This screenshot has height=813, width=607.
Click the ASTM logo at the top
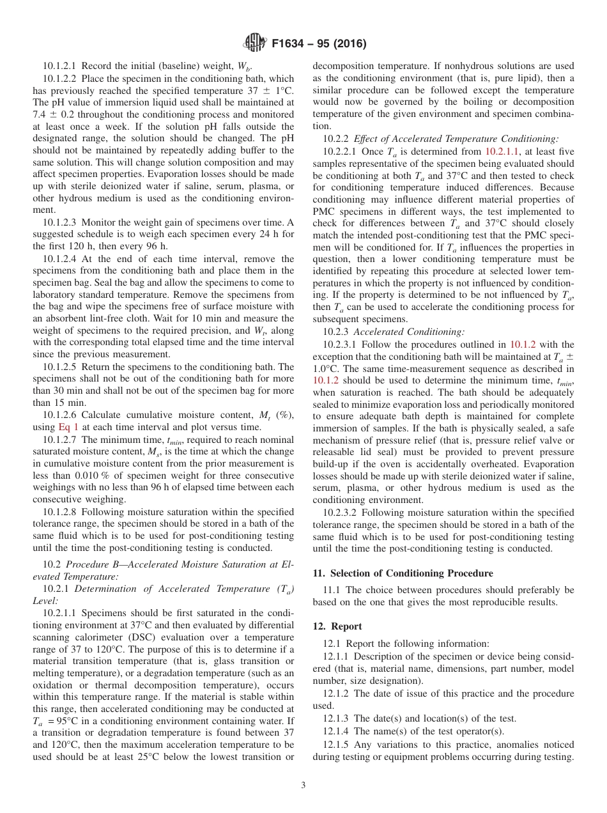[256, 44]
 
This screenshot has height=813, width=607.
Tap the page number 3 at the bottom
[303, 786]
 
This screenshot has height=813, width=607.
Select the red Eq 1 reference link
[69, 427]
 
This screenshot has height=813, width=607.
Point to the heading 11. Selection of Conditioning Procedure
[403, 573]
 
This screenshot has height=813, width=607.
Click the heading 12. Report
[337, 626]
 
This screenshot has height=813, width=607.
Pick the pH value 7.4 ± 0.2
[54, 114]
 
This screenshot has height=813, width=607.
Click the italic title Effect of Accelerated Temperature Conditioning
[456, 139]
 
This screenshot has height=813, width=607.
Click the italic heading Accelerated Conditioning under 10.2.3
[409, 332]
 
